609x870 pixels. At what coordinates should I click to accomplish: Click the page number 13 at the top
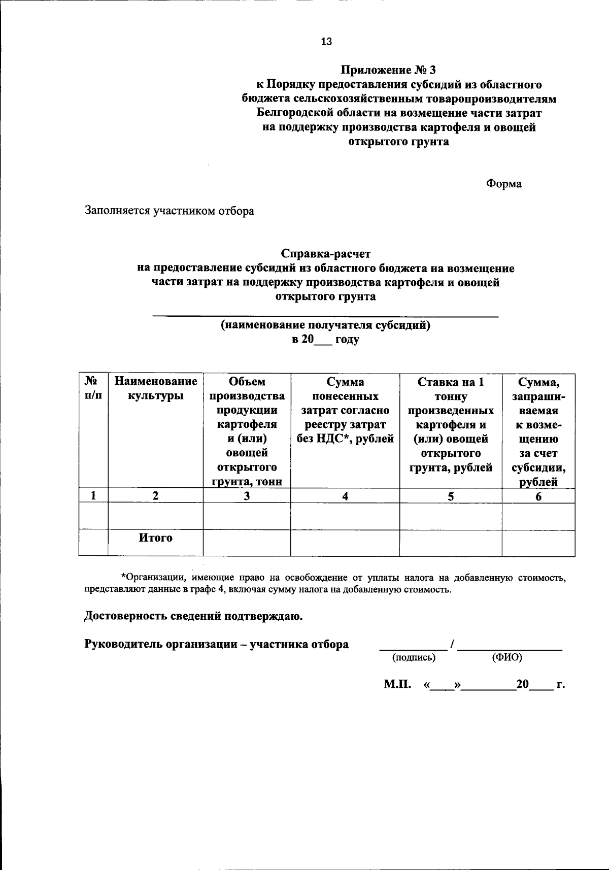coord(326,42)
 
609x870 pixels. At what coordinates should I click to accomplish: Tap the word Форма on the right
coord(504,184)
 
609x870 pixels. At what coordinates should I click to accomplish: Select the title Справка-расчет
coord(326,253)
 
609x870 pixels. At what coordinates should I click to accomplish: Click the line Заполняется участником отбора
coord(170,211)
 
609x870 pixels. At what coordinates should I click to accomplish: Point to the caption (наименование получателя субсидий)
coord(325,325)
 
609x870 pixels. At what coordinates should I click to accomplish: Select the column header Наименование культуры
coord(155,388)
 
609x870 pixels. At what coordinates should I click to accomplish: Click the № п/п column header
coord(93,388)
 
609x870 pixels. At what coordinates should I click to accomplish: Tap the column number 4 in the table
coord(345,496)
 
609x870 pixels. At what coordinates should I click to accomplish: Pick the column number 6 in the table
coord(538,496)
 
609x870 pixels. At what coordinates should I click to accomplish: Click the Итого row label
coord(155,538)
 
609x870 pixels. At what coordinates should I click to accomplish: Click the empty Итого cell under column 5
coord(451,543)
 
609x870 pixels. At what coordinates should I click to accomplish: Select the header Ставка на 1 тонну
coord(451,389)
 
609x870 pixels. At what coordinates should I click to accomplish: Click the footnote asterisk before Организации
coord(123,577)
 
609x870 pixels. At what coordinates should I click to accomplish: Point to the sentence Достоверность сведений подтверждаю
coord(193,616)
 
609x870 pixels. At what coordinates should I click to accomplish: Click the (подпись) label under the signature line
coord(414,658)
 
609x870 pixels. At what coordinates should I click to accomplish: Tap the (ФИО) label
coord(507,658)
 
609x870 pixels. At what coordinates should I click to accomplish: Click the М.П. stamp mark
coord(397,685)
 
